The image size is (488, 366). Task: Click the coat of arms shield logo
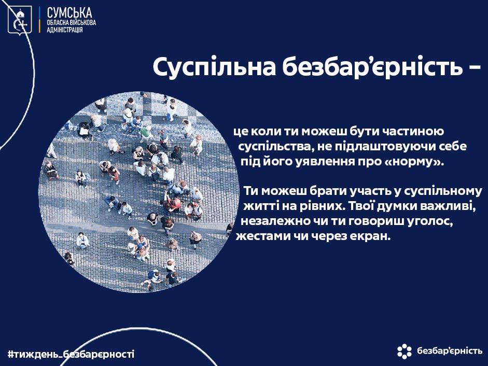click(20, 19)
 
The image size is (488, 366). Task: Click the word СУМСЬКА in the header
click(69, 13)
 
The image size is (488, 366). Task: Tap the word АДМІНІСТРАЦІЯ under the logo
click(65, 30)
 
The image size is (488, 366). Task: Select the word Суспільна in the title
click(214, 67)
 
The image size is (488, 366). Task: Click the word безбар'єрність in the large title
click(372, 66)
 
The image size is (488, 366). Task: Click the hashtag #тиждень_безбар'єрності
click(71, 354)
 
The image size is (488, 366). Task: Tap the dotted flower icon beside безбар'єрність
click(405, 351)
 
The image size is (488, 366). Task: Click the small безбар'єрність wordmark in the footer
click(450, 351)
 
